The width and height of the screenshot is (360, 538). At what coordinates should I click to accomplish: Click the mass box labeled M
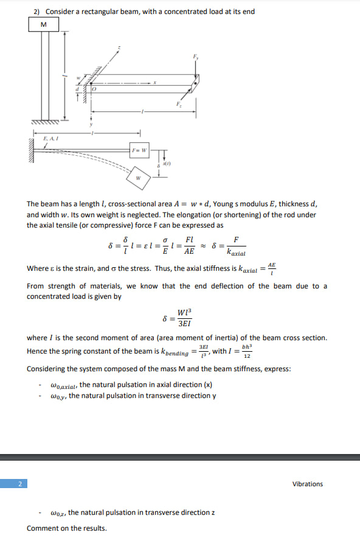point(43,24)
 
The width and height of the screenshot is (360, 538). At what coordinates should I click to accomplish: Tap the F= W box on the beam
point(139,149)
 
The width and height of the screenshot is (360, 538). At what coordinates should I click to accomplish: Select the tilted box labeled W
point(139,178)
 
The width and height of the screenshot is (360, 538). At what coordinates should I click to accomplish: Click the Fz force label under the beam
point(178,105)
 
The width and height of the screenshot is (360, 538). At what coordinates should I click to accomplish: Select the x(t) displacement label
point(167,163)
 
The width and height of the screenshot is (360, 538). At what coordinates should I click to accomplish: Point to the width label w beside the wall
point(78,78)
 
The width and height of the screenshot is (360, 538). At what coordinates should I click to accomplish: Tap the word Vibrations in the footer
point(308,484)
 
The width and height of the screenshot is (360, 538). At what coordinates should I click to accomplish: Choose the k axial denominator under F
point(236,251)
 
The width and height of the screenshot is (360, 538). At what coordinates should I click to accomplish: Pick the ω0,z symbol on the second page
point(58,512)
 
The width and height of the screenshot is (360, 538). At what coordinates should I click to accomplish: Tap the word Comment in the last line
point(42,528)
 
